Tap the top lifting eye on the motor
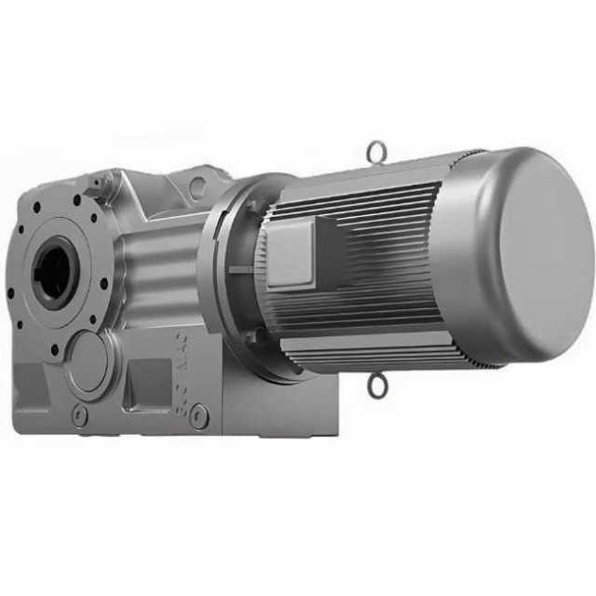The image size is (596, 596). point(375,149)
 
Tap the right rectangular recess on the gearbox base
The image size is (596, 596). point(149,382)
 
